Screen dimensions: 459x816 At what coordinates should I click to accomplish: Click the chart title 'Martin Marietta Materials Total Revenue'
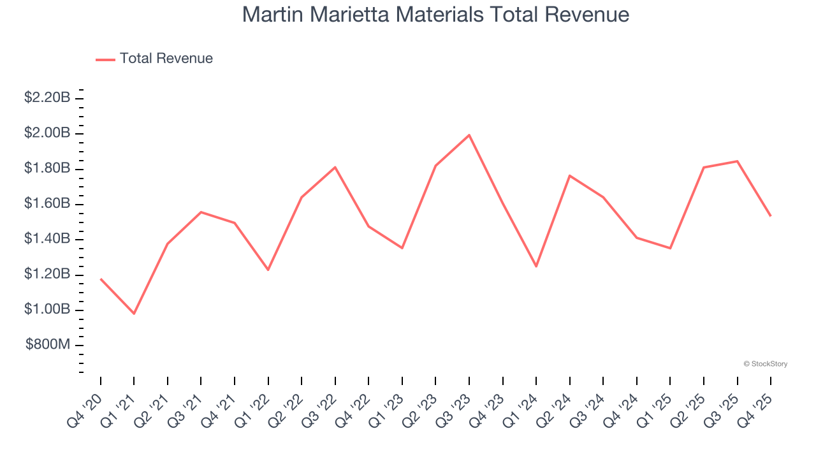435,15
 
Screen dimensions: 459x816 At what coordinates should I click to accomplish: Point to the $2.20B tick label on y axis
47,98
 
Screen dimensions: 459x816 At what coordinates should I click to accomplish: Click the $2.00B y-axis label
47,133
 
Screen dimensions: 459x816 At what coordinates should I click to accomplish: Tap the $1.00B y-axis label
47,309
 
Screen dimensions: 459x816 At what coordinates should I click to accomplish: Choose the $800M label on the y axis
48,345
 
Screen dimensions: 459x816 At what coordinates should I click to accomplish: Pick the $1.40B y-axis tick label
47,239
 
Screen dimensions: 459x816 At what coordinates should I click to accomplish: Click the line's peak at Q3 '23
469,135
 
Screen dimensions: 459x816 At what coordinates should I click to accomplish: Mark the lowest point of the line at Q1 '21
134,314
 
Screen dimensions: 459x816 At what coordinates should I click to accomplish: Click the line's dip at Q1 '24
536,266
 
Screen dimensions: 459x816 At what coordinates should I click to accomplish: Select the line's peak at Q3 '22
335,167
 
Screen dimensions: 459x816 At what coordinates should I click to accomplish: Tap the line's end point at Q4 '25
770,215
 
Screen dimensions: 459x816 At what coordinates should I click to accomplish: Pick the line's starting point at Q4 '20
101,279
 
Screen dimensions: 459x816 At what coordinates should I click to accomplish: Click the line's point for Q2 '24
569,175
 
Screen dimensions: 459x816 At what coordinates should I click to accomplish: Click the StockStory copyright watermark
765,364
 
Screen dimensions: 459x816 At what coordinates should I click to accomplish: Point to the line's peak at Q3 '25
737,161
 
